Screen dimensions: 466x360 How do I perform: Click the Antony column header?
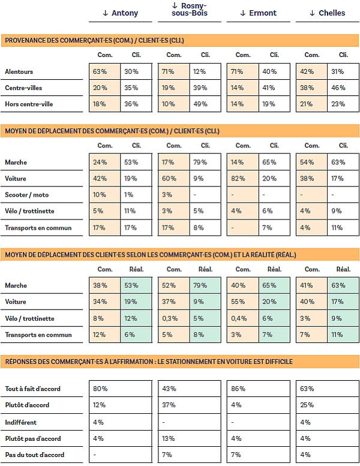[121, 13]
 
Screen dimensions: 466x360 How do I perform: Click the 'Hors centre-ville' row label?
[29, 104]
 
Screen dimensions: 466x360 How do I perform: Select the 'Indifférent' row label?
[22, 422]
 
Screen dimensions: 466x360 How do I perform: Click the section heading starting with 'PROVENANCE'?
[94, 41]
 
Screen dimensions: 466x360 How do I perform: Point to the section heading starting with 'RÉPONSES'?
[148, 362]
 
